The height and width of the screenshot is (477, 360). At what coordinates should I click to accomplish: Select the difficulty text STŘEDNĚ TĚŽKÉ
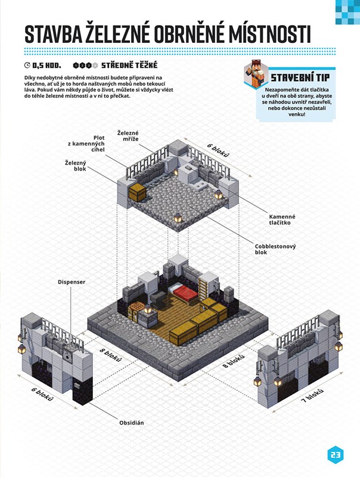(129, 65)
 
